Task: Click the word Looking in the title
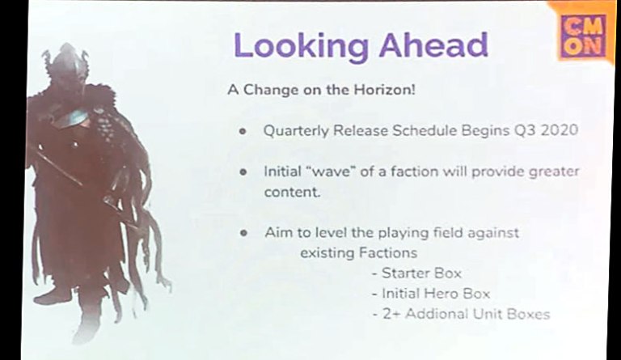point(301,46)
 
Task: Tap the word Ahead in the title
point(433,44)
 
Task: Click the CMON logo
point(584,36)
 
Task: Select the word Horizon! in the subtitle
point(384,90)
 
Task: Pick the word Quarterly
point(296,131)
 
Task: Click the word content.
point(292,192)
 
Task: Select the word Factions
point(388,252)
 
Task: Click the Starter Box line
point(417,273)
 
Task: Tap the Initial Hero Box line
point(431,294)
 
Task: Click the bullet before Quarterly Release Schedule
point(243,131)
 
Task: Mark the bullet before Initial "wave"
point(243,172)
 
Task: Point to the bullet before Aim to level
point(243,233)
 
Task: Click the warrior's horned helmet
point(65,60)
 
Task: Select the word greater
point(554,172)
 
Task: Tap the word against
point(493,233)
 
